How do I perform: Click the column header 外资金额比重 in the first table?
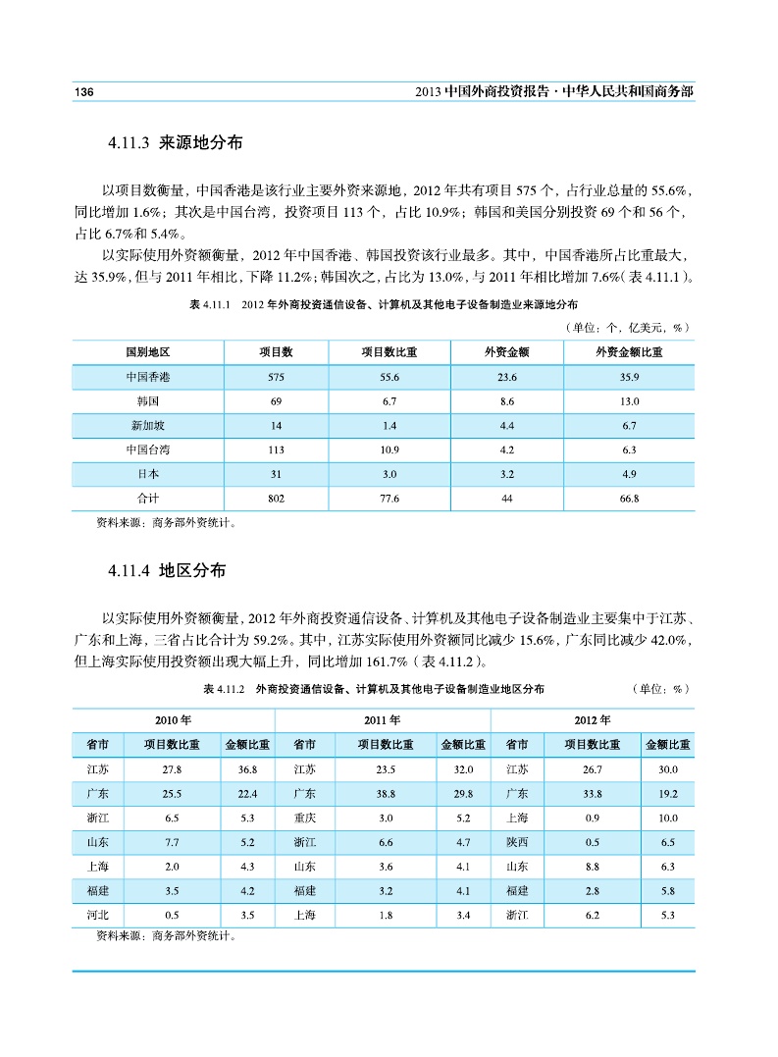pyautogui.click(x=629, y=352)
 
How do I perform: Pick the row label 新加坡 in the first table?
pyautogui.click(x=148, y=426)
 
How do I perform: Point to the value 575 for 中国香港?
pyautogui.click(x=276, y=377)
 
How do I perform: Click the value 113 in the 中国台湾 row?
pyautogui.click(x=276, y=450)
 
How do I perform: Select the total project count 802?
pyautogui.click(x=276, y=499)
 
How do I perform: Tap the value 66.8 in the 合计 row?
pyautogui.click(x=629, y=499)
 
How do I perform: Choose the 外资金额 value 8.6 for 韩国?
pyautogui.click(x=507, y=401)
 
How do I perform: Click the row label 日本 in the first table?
pyautogui.click(x=148, y=474)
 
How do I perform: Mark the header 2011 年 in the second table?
pyautogui.click(x=383, y=720)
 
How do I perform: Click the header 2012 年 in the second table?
pyautogui.click(x=592, y=720)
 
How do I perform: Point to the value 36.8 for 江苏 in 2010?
pyautogui.click(x=246, y=769)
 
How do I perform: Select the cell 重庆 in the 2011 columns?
pyautogui.click(x=304, y=818)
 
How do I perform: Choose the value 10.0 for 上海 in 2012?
pyautogui.click(x=668, y=818)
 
